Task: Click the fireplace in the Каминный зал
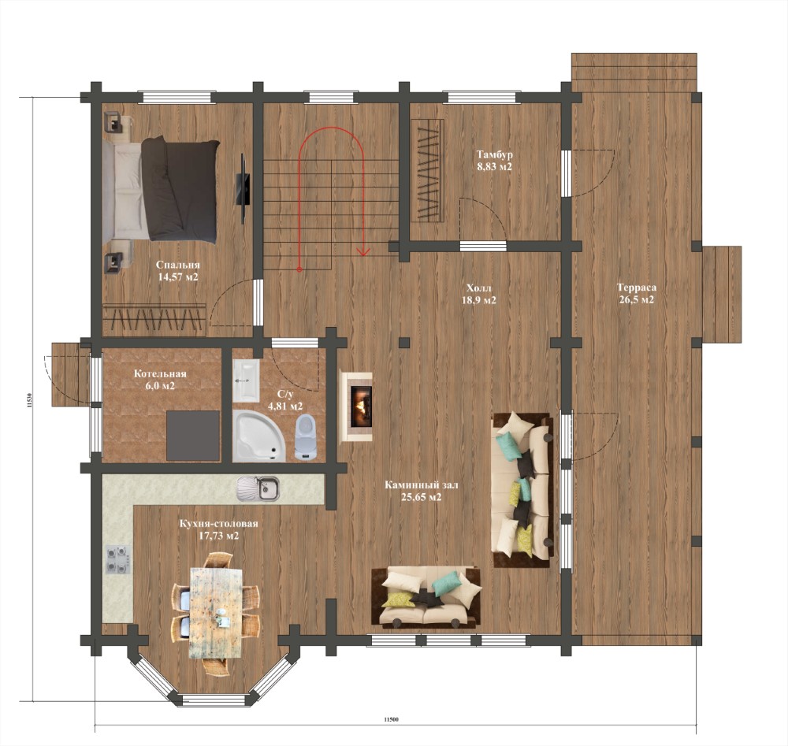pyautogui.click(x=356, y=407)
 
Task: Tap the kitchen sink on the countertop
pyautogui.click(x=258, y=488)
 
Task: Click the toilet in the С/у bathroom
pyautogui.click(x=305, y=437)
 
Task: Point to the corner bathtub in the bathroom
pyautogui.click(x=258, y=436)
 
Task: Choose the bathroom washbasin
pyautogui.click(x=246, y=380)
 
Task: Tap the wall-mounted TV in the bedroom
pyautogui.click(x=242, y=188)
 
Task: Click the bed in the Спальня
pyautogui.click(x=161, y=191)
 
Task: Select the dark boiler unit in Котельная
pyautogui.click(x=193, y=436)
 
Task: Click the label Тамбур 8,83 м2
pyautogui.click(x=495, y=160)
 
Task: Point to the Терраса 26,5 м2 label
pyautogui.click(x=636, y=294)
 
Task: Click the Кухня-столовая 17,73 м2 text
pyautogui.click(x=218, y=529)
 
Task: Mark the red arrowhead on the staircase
pyautogui.click(x=363, y=251)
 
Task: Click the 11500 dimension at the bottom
pyautogui.click(x=391, y=719)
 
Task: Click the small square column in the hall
pyautogui.click(x=403, y=342)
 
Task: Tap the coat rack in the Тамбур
pyautogui.click(x=427, y=170)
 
